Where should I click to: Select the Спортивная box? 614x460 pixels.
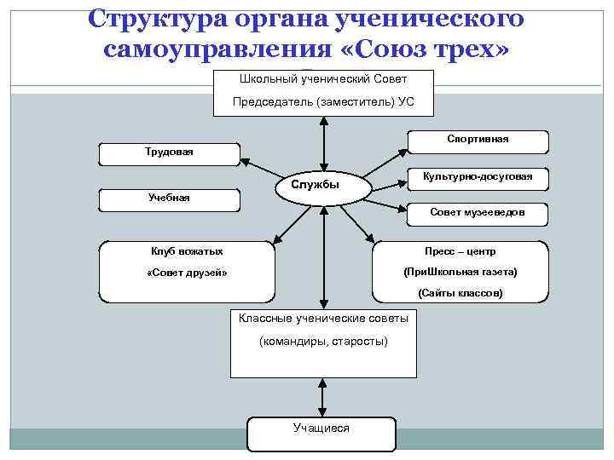tap(477, 140)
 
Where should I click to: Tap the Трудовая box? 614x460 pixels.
tap(170, 153)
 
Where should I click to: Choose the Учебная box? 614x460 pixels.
tap(170, 198)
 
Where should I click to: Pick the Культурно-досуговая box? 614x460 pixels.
tap(477, 176)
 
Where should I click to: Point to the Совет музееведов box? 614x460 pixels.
tap(477, 213)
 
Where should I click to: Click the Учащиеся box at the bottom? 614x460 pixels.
tap(321, 428)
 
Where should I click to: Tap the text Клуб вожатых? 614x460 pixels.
tap(187, 251)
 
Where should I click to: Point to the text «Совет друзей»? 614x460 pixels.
tap(187, 273)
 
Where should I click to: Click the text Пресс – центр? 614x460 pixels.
tap(460, 252)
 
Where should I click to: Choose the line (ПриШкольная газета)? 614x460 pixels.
tap(460, 273)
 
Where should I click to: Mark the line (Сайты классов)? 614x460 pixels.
tap(460, 294)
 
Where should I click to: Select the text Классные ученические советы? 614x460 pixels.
tap(323, 319)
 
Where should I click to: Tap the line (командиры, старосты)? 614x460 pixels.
tap(323, 341)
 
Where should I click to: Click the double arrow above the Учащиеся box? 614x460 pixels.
tap(322, 398)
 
